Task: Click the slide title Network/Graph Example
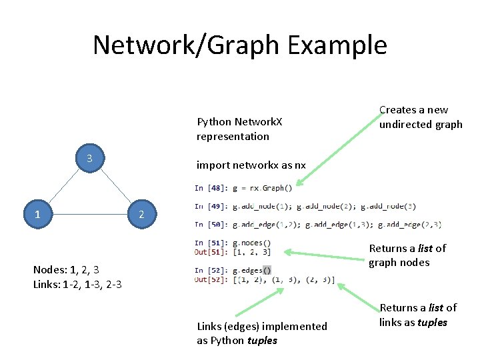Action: pyautogui.click(x=239, y=45)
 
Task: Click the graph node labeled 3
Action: pyautogui.click(x=89, y=159)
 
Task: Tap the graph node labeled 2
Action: pyautogui.click(x=141, y=215)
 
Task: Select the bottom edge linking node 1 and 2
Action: pyautogui.click(x=89, y=215)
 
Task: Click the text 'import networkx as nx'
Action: pyautogui.click(x=251, y=165)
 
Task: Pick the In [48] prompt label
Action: pyautogui.click(x=208, y=187)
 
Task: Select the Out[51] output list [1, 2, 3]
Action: pyautogui.click(x=257, y=251)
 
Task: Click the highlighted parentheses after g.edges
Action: pyautogui.click(x=267, y=270)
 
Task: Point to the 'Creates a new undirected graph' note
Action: pyautogui.click(x=420, y=117)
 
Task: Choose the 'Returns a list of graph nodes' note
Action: pyautogui.click(x=407, y=255)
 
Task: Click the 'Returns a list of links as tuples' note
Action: pyautogui.click(x=418, y=315)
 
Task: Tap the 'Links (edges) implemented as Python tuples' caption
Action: pyautogui.click(x=262, y=333)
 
